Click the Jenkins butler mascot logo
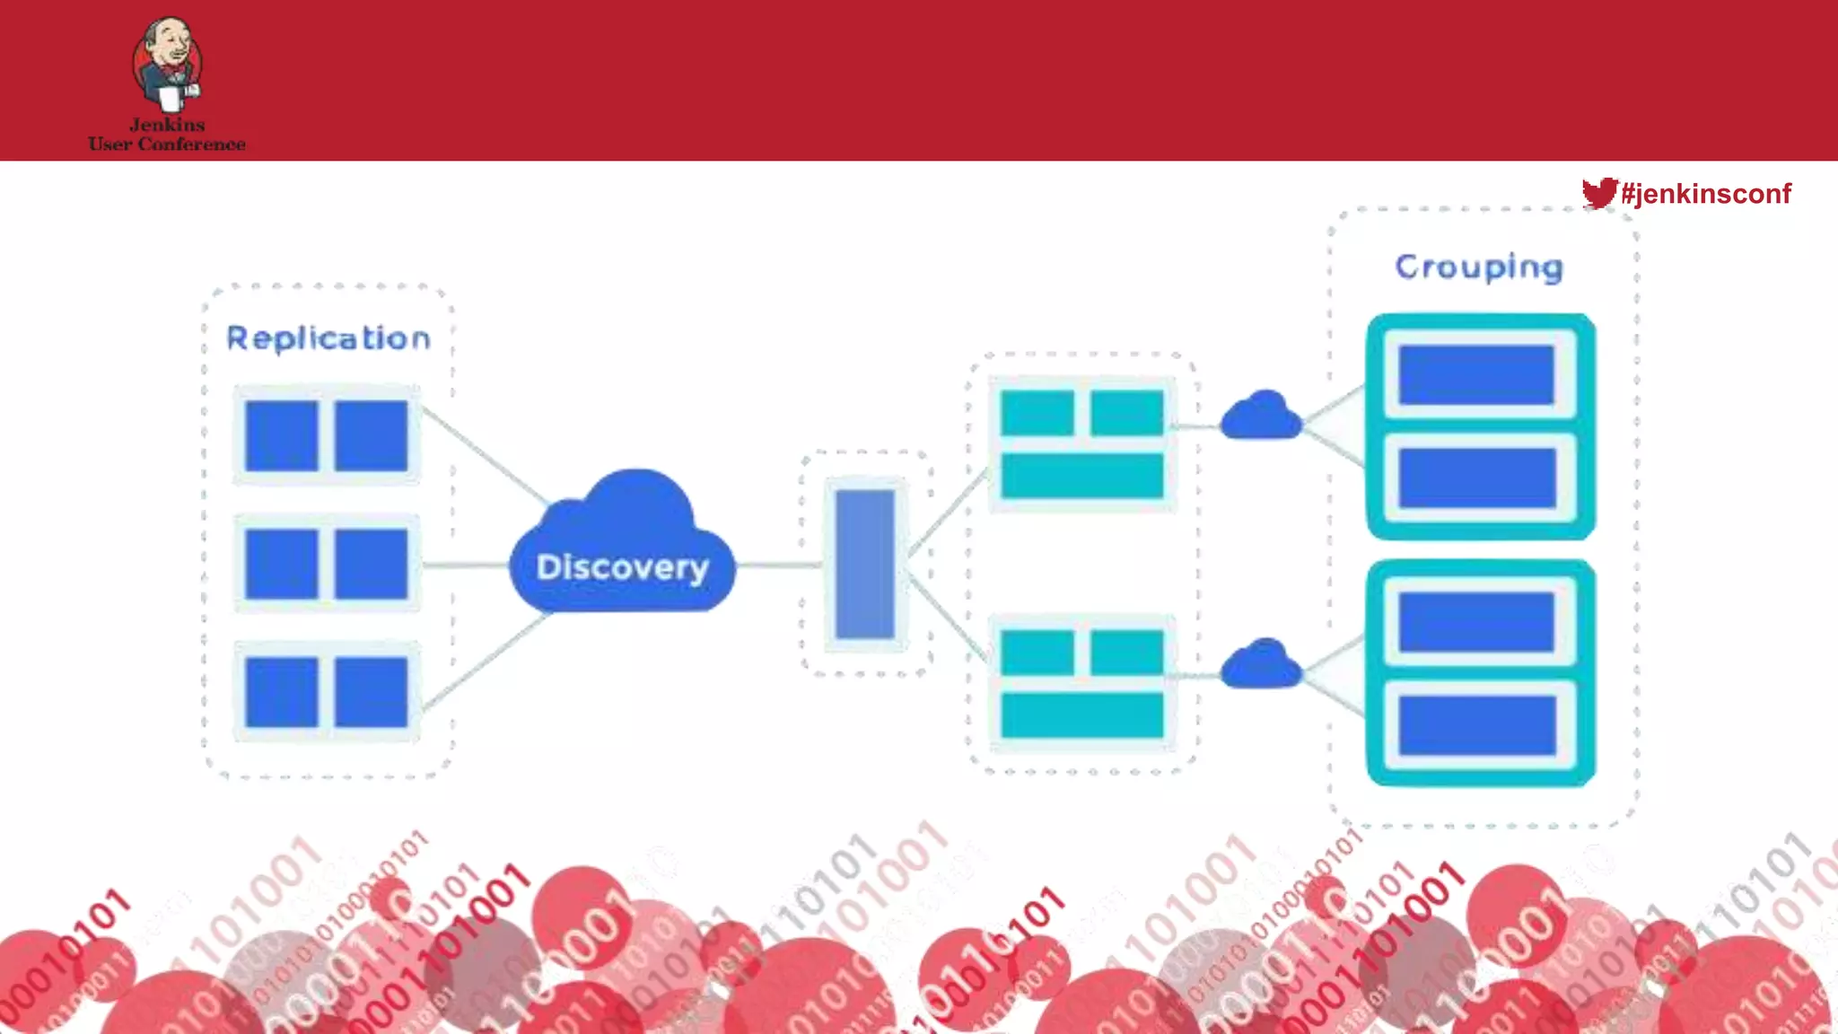pos(168,63)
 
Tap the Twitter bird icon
pos(1598,192)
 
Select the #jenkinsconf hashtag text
pos(1706,193)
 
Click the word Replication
pos(328,338)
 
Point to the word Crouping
pos(1479,267)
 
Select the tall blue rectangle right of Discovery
pos(864,564)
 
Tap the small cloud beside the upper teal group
pos(1261,416)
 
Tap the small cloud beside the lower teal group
pos(1261,665)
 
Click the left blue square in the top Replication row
pos(282,435)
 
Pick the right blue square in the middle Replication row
pos(371,564)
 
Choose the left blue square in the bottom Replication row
pos(282,691)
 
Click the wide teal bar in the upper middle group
pos(1082,475)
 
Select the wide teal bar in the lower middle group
pos(1082,715)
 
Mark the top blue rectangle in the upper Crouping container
pos(1476,375)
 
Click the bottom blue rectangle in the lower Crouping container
pos(1476,725)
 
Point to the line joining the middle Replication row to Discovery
pos(465,565)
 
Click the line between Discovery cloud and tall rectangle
pos(779,565)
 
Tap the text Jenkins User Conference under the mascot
pos(167,135)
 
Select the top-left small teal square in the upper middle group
pos(1037,413)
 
